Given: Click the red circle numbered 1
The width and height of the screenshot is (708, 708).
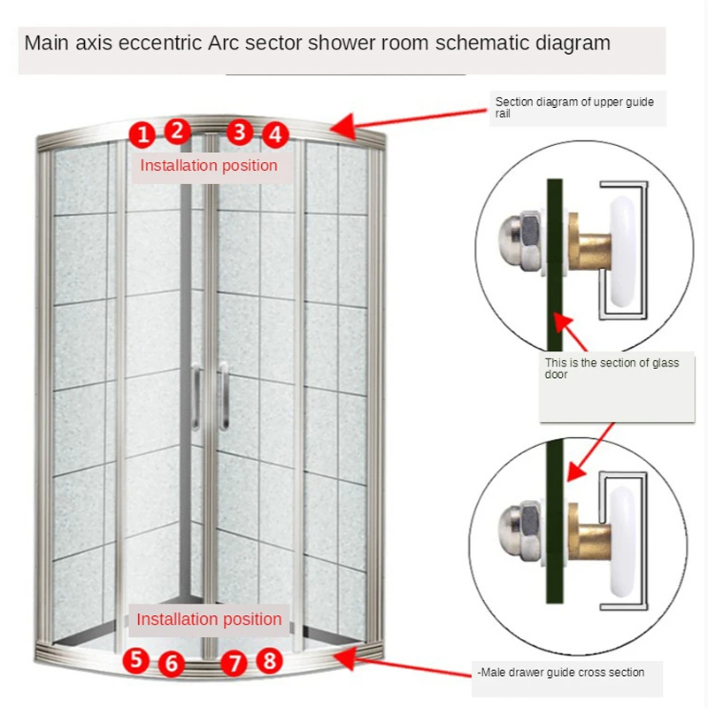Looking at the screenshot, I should [x=142, y=135].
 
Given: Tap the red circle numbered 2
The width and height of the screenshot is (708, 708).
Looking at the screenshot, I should [x=178, y=132].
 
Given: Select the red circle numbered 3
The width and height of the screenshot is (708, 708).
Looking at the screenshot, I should [x=239, y=132].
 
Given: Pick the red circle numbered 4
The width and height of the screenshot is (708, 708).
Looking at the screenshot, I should [x=276, y=135].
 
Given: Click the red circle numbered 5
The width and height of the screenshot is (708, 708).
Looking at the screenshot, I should [x=135, y=658].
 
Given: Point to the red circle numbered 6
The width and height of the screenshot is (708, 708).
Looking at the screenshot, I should [x=173, y=663].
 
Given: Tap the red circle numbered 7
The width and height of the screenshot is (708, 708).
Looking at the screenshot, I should [x=234, y=663].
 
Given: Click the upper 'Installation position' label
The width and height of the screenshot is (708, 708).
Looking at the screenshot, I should [x=209, y=165].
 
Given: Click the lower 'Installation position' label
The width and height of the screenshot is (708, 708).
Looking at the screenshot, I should [x=209, y=619].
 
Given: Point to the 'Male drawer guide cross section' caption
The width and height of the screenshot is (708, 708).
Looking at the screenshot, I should [x=561, y=673].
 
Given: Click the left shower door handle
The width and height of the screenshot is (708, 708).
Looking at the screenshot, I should [x=196, y=397].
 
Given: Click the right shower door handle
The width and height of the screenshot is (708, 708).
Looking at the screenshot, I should [x=224, y=397].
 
